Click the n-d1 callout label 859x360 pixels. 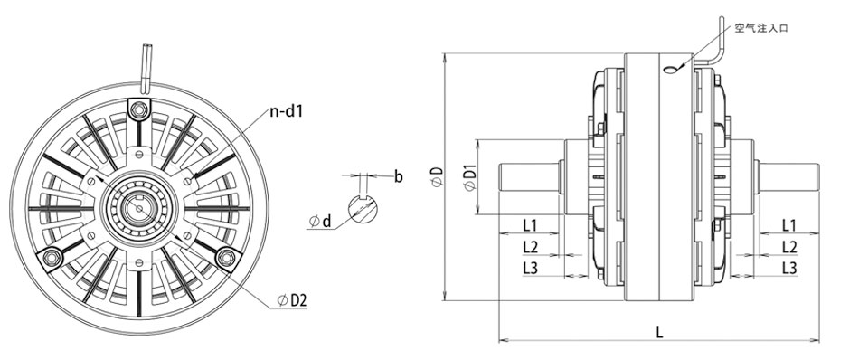[x=286, y=112]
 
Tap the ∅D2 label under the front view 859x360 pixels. [x=292, y=300]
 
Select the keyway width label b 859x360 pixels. [x=399, y=176]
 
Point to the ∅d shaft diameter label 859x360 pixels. [x=320, y=222]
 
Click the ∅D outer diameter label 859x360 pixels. [x=437, y=177]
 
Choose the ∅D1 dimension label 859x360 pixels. [x=469, y=176]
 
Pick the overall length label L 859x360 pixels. [x=659, y=332]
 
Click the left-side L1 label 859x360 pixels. [x=530, y=224]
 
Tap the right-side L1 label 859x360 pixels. [x=788, y=224]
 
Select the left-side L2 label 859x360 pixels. [x=530, y=247]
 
